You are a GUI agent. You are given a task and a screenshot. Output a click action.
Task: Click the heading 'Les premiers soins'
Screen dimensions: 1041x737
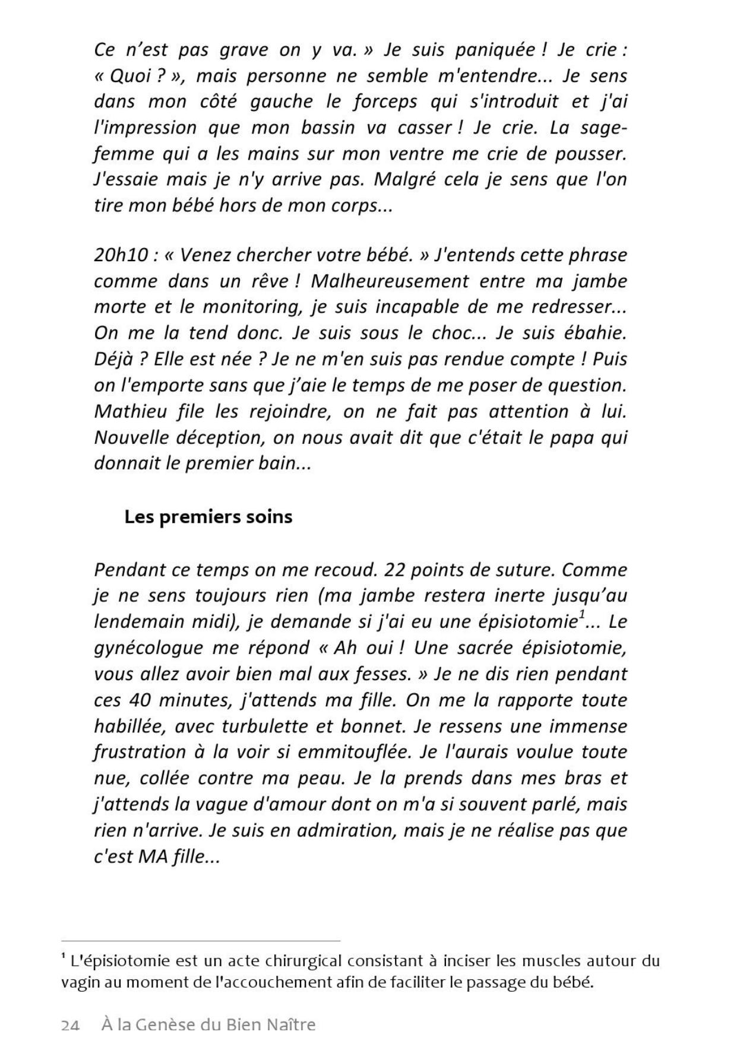208,517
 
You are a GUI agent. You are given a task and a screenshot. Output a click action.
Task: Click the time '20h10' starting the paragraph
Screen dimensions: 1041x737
121,255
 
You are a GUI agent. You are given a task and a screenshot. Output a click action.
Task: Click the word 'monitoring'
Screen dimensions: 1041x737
252,307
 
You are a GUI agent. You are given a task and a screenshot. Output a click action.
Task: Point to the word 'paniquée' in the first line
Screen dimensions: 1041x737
494,50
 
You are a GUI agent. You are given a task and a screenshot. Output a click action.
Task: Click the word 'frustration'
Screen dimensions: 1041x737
140,753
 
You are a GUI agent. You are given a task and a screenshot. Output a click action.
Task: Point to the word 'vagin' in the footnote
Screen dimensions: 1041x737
79,982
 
